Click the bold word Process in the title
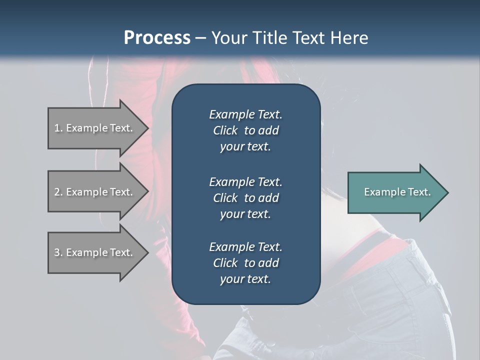(157, 38)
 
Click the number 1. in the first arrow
(58, 128)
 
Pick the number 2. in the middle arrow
(58, 192)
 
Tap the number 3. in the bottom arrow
(58, 252)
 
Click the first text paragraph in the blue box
(245, 130)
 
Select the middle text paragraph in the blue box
(245, 197)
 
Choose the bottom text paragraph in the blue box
(245, 263)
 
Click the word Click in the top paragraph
(225, 130)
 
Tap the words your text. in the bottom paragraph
(245, 279)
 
